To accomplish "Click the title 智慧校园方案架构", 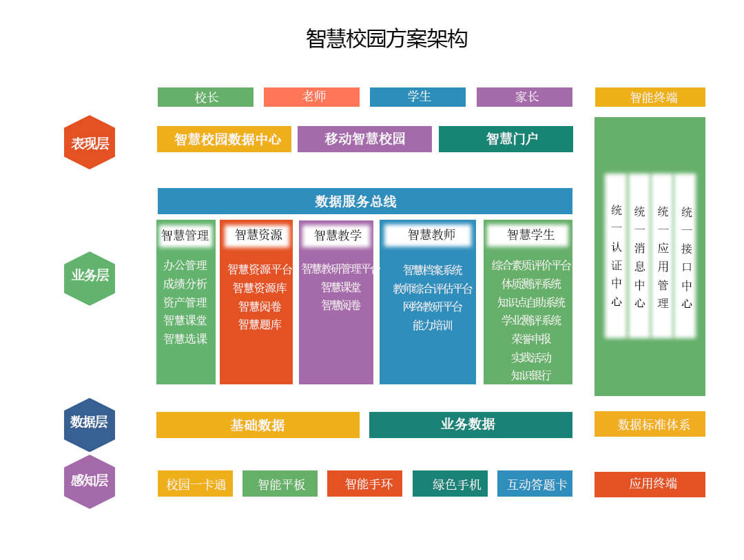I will tap(386, 39).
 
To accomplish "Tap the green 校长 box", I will tap(205, 97).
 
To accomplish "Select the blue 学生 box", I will tap(417, 97).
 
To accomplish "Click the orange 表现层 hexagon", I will tap(90, 143).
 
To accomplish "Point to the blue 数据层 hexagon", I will tap(90, 423).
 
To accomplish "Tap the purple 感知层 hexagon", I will tap(90, 481).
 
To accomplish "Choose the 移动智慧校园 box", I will tap(364, 139).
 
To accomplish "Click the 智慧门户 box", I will tap(506, 139).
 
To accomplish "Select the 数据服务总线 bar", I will tap(364, 201).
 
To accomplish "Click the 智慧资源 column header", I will tap(258, 235).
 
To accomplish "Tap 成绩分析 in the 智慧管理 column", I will tap(185, 284).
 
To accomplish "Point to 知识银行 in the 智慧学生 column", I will tap(530, 375).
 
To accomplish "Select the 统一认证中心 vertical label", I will tap(616, 256).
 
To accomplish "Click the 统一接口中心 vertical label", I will tap(686, 257).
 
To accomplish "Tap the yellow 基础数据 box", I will tap(258, 425).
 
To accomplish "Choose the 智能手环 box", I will tap(364, 484).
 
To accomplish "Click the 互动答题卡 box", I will tap(535, 484).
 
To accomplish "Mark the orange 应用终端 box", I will tap(650, 484).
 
